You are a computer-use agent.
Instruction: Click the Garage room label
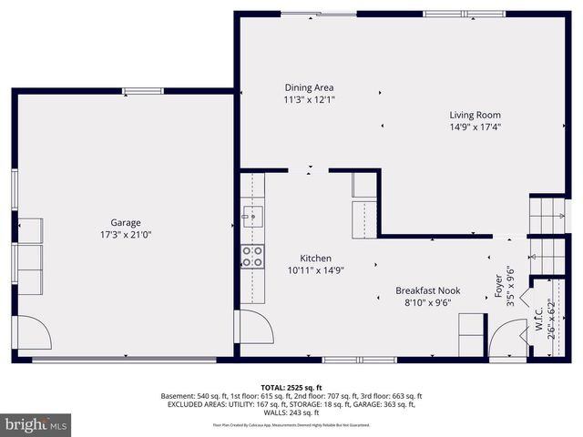pyautogui.click(x=126, y=222)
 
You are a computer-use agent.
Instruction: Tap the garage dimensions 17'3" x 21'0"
pyautogui.click(x=126, y=234)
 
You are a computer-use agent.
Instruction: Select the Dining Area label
pyautogui.click(x=309, y=88)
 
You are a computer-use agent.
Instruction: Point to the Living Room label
pyautogui.click(x=475, y=116)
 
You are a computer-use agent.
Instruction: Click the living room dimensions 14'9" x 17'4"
pyautogui.click(x=475, y=127)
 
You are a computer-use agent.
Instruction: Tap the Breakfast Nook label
pyautogui.click(x=427, y=291)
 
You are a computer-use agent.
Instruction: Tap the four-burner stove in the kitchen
pyautogui.click(x=252, y=257)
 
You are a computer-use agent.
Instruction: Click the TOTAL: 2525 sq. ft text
pyautogui.click(x=291, y=387)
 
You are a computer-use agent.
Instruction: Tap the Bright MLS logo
pyautogui.click(x=36, y=423)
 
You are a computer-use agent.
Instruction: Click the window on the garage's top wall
pyautogui.click(x=143, y=90)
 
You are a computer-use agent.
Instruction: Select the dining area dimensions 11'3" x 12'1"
pyautogui.click(x=309, y=100)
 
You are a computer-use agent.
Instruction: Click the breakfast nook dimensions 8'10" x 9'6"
pyautogui.click(x=427, y=303)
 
